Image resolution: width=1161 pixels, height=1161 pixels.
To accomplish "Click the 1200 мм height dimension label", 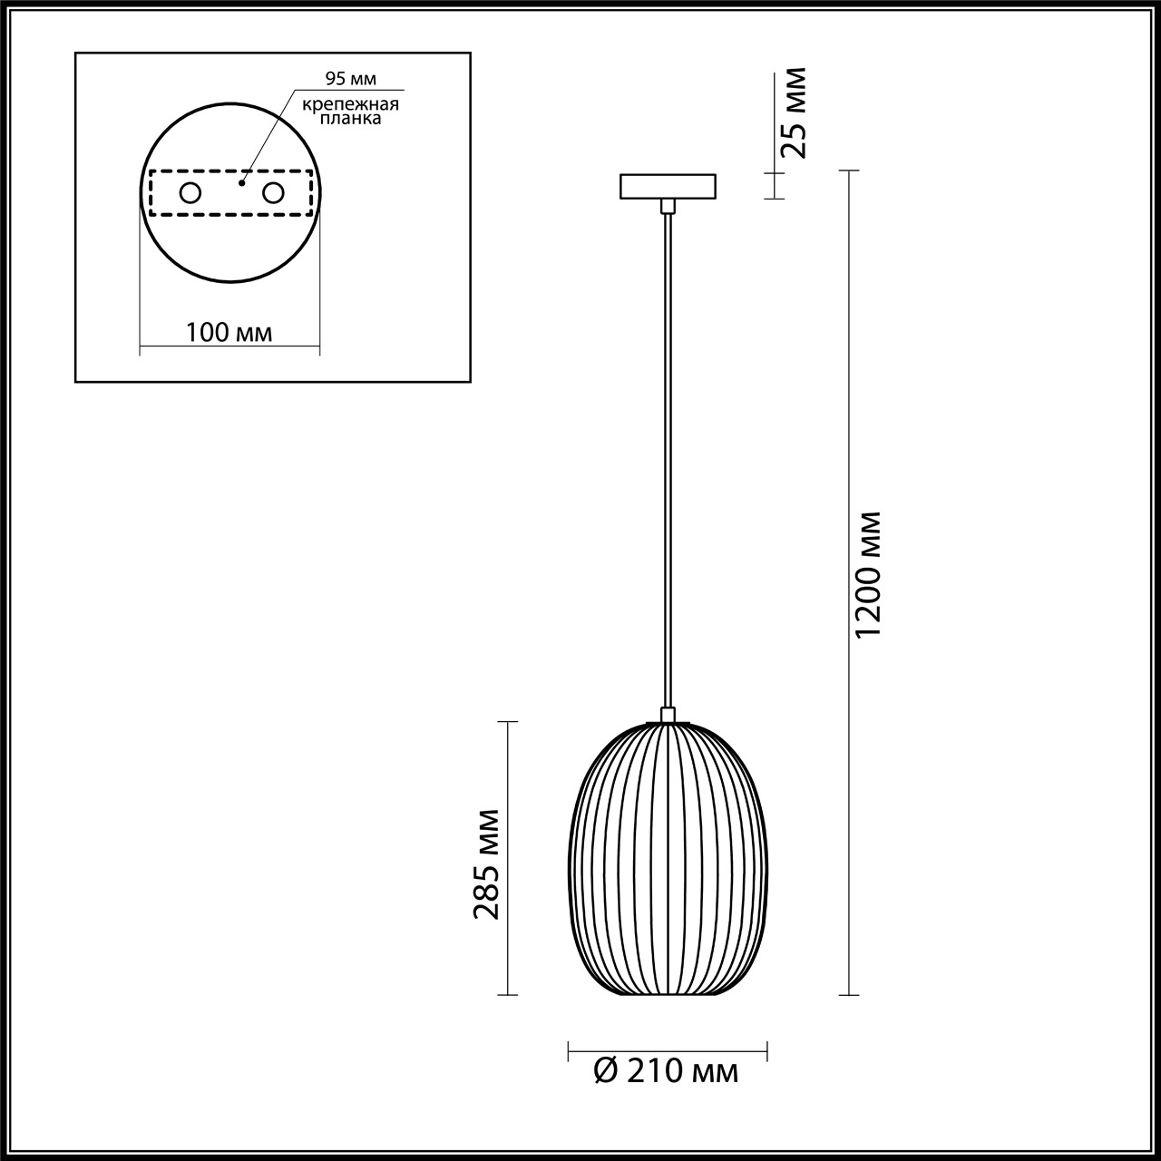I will pyautogui.click(x=869, y=573).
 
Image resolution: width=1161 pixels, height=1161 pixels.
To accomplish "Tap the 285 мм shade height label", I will pyautogui.click(x=485, y=863).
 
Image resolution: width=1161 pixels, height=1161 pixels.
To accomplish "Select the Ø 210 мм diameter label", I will pyautogui.click(x=667, y=1072).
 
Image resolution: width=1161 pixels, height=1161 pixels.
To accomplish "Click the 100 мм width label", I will pyautogui.click(x=229, y=332).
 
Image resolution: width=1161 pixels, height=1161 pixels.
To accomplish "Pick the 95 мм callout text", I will pyautogui.click(x=338, y=79).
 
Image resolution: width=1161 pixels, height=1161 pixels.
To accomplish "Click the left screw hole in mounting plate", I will pyautogui.click(x=190, y=192).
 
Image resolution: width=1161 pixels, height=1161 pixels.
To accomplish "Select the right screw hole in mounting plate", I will pyautogui.click(x=272, y=192).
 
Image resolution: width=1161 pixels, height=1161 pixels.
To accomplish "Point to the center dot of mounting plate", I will pyautogui.click(x=241, y=182).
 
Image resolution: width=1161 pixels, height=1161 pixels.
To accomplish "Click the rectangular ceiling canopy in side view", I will pyautogui.click(x=668, y=186).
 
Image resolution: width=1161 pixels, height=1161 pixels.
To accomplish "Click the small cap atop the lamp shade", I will pyautogui.click(x=668, y=715).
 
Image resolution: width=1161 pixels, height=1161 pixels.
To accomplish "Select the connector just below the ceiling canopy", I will pyautogui.click(x=668, y=206).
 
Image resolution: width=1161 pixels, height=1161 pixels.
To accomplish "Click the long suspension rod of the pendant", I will pyautogui.click(x=668, y=454).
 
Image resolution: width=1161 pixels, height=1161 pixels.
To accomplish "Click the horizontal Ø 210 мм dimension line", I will pyautogui.click(x=668, y=1052).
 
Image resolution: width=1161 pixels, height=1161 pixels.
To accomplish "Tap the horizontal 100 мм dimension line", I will pyautogui.click(x=229, y=346).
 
